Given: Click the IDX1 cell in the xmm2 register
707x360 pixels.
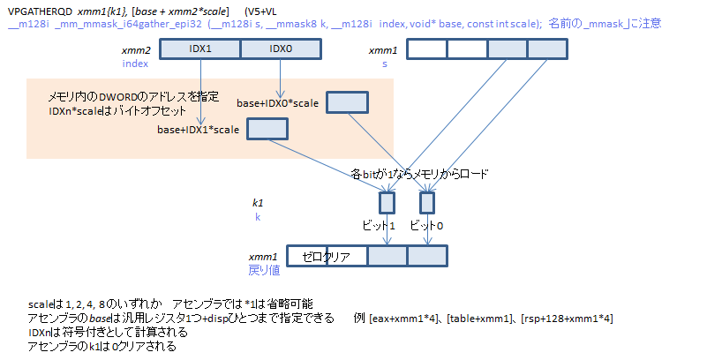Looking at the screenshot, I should click(x=200, y=50).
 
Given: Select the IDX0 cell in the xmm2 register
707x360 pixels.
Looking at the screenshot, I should click(x=280, y=50).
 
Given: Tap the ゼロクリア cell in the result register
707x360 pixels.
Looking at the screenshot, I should click(x=326, y=257).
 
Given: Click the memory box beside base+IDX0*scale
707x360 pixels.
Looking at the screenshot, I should click(x=346, y=102).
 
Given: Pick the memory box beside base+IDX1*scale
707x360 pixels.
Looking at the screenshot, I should click(x=267, y=130).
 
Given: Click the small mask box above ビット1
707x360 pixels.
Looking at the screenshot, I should click(x=387, y=203).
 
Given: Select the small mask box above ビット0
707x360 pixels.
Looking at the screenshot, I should click(x=427, y=203).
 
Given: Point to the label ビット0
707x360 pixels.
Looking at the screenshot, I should click(x=427, y=226).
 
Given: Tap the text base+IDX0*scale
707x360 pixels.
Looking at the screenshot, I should click(x=277, y=103).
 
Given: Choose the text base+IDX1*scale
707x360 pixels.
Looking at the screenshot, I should click(x=199, y=131).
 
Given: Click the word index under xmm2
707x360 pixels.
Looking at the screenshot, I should click(x=135, y=64).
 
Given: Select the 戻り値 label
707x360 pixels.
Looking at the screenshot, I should click(x=262, y=268).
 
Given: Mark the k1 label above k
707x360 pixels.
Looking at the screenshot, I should click(x=258, y=203).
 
